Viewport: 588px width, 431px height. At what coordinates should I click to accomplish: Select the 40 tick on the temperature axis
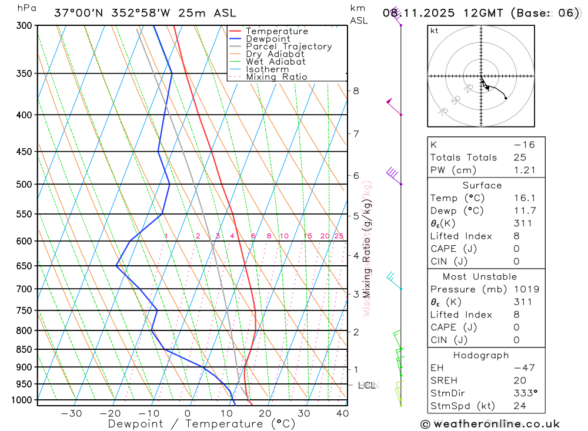342,413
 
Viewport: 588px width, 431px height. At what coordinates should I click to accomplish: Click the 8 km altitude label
356,91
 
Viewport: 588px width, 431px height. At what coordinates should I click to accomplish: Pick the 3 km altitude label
356,293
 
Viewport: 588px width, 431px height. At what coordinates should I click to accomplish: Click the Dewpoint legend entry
268,39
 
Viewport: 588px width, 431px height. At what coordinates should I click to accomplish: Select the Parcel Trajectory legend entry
289,46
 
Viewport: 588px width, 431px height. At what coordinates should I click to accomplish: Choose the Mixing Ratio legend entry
276,77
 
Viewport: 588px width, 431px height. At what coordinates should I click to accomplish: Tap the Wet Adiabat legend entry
276,62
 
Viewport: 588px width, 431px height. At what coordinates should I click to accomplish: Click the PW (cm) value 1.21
524,170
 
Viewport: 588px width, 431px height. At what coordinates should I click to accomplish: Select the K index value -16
523,144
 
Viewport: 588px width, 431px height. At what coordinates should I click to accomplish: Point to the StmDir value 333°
523,393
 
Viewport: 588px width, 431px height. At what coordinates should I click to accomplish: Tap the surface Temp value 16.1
524,198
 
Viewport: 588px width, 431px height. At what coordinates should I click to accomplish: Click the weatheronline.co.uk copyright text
490,424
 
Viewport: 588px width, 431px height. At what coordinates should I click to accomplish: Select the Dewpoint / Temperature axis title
202,423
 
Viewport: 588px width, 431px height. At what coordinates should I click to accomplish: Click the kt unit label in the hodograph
435,31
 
